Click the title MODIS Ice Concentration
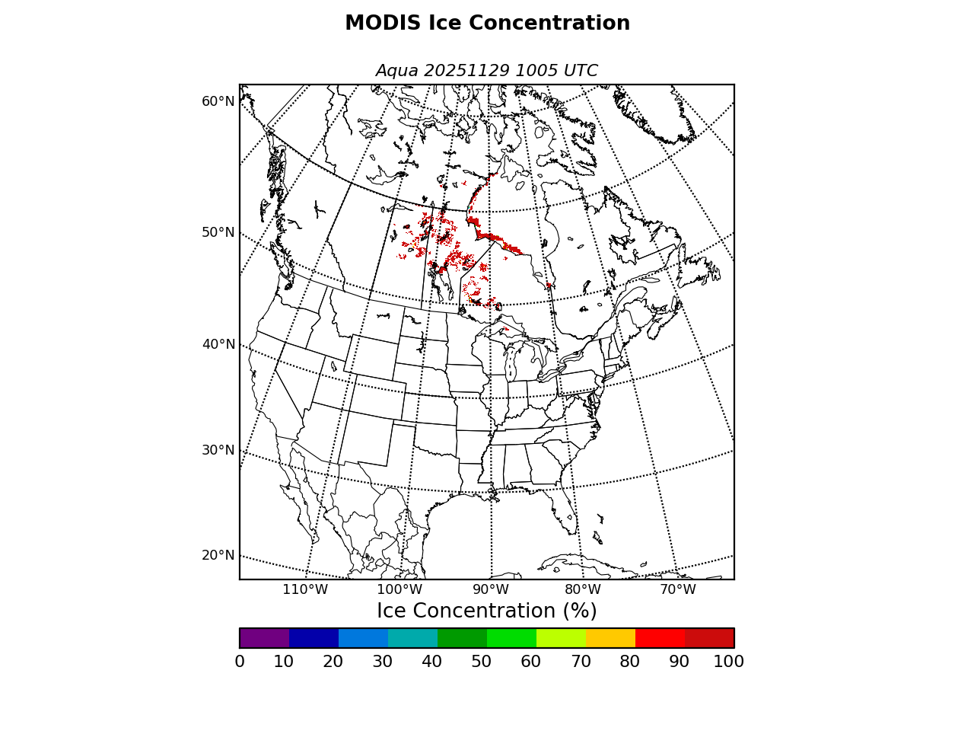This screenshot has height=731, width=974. tap(487, 24)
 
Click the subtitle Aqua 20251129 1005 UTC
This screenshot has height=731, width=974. tap(487, 71)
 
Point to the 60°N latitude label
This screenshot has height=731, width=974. tap(218, 101)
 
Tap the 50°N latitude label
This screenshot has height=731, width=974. tap(218, 232)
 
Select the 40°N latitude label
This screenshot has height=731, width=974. tap(218, 344)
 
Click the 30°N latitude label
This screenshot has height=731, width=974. tap(218, 450)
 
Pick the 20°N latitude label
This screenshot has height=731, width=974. tap(218, 555)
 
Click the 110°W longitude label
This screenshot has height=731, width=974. tap(305, 589)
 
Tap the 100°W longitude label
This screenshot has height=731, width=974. tap(399, 589)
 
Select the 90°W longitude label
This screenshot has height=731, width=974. tap(491, 589)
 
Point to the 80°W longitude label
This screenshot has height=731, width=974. tap(583, 589)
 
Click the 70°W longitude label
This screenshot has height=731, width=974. tap(677, 589)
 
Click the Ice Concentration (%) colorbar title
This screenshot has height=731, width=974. tap(487, 611)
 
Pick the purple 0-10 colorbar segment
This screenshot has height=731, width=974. tap(264, 638)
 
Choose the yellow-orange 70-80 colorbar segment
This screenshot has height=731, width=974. tap(610, 638)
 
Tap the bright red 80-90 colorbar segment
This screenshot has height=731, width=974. tap(660, 638)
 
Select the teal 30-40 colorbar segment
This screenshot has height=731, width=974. tap(412, 638)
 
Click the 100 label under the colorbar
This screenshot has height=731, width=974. tap(728, 662)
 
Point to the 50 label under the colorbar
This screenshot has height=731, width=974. tap(481, 662)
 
